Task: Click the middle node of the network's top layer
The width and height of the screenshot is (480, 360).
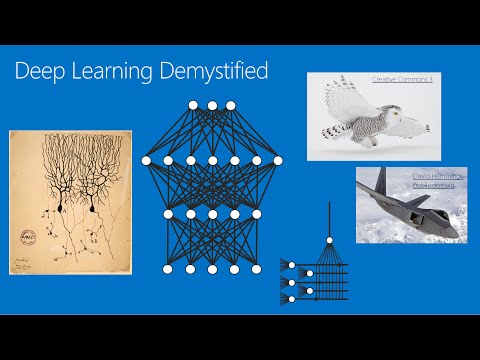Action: coord(212,105)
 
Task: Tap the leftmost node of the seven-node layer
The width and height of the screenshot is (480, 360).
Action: coord(146,160)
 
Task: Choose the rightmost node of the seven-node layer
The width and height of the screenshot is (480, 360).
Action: coord(277,160)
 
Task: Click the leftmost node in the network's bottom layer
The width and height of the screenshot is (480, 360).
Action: coord(166,269)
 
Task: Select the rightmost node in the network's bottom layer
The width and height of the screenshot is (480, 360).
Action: coord(257,269)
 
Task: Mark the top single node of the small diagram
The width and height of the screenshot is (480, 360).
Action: coord(328,240)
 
